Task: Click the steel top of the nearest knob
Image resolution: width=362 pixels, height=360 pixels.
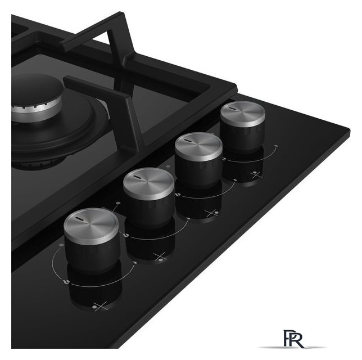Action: click(x=91, y=226)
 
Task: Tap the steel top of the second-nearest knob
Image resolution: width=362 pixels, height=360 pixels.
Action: click(x=148, y=183)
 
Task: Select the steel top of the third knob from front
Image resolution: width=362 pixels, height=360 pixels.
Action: click(x=198, y=146)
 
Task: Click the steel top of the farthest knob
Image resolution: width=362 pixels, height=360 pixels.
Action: click(x=243, y=114)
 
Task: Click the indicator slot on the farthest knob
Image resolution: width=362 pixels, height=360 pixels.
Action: click(x=232, y=108)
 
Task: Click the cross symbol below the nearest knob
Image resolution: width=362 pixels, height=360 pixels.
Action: click(x=101, y=306)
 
